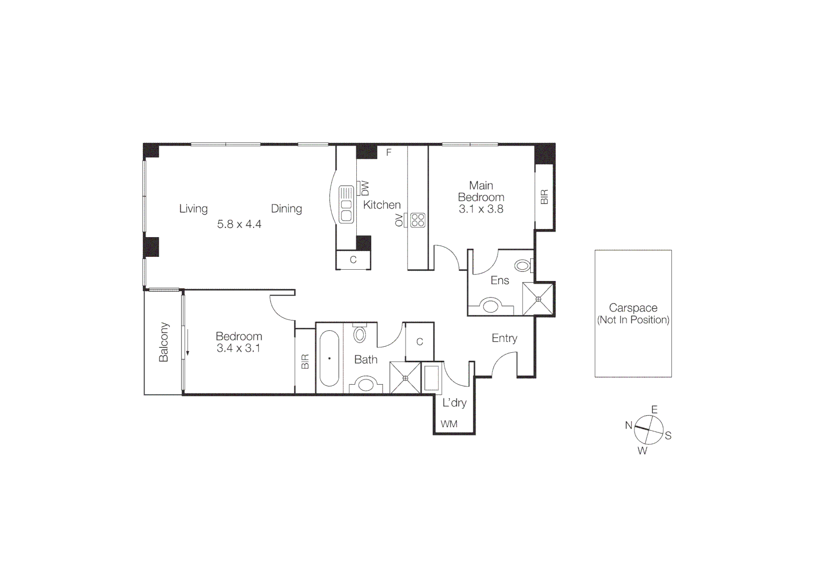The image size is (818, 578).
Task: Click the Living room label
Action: [193, 209]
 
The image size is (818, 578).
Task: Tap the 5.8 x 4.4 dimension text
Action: [239, 224]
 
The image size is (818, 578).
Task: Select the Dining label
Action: [286, 209]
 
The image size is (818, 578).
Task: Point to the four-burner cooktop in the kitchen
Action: [418, 220]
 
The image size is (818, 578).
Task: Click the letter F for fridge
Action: [389, 153]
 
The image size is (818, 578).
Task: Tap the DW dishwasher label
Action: [365, 188]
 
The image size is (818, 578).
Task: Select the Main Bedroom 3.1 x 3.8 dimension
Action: [481, 209]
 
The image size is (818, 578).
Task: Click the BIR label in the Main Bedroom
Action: [545, 197]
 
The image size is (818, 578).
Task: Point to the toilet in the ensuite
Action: [523, 265]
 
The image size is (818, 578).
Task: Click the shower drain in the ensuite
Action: [538, 299]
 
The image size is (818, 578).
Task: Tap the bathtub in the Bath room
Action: [330, 358]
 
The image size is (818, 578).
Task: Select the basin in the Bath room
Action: [366, 384]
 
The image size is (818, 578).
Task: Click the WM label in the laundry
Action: [449, 424]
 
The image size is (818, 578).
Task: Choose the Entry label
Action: [504, 338]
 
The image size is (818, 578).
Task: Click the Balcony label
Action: [164, 342]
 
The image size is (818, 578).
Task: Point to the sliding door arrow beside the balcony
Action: [188, 343]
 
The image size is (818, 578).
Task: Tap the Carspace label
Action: [633, 308]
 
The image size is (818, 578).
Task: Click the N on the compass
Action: [629, 425]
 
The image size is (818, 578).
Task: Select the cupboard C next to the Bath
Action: [419, 341]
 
